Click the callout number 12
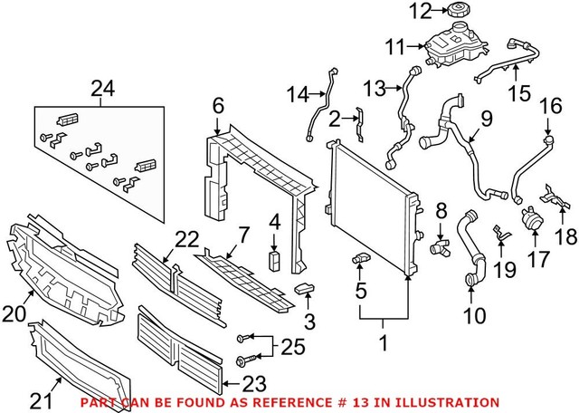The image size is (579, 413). (x=418, y=12)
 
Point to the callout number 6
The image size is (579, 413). (x=217, y=106)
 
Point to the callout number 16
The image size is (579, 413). (x=550, y=107)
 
